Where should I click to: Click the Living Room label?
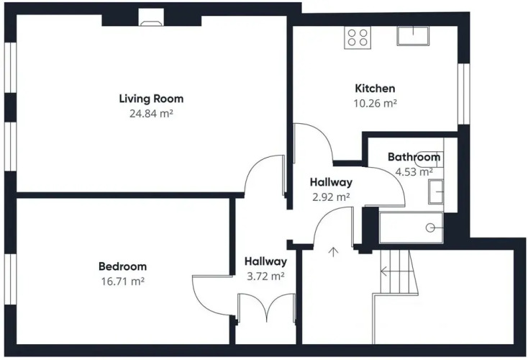point(151,99)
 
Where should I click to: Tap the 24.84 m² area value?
point(151,114)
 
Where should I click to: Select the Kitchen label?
point(375,89)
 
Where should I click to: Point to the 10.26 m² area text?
point(375,103)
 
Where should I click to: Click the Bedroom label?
point(122,266)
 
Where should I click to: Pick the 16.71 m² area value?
point(122,281)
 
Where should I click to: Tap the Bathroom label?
point(414,157)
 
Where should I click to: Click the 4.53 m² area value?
point(414,171)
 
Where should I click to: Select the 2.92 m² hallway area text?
point(331,197)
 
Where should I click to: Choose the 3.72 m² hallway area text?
point(265,276)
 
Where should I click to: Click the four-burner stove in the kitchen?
point(358,37)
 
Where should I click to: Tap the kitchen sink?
point(413,36)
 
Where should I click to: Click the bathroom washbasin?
point(436,192)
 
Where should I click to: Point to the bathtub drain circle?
point(430,228)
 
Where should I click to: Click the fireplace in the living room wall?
point(152,17)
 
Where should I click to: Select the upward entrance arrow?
point(333,252)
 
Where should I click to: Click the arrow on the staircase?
point(395,271)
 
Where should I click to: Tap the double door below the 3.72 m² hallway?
point(266,307)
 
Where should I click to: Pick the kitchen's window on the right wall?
point(464,94)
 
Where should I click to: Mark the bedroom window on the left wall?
point(11,279)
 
